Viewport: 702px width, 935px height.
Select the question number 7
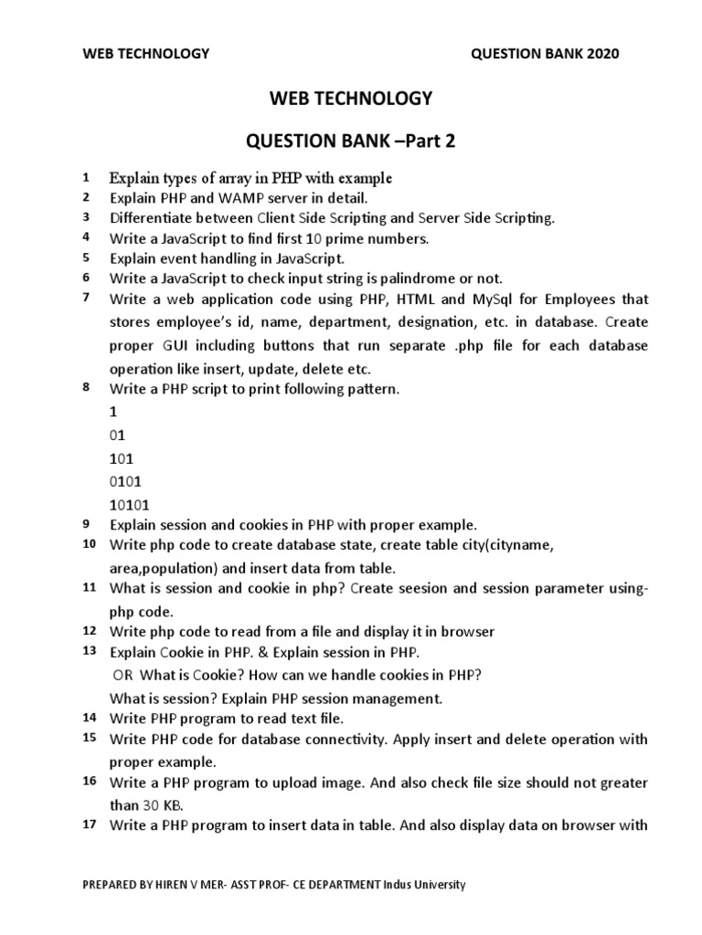(85, 298)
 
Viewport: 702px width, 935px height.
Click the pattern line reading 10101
(131, 504)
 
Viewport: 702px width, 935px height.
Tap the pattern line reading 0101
(126, 480)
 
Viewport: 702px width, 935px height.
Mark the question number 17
(89, 825)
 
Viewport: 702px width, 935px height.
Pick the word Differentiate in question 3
(151, 217)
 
